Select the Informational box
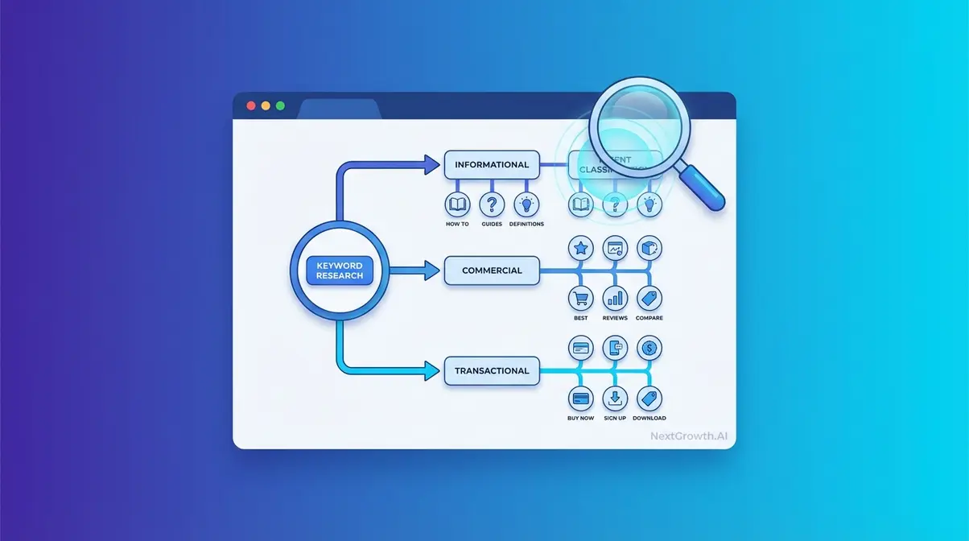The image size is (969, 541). [492, 165]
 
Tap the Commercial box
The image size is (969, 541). [492, 271]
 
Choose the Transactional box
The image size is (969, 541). [492, 371]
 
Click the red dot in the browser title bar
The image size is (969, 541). [251, 105]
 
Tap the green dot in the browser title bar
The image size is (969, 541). [280, 105]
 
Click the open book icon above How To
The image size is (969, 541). [457, 204]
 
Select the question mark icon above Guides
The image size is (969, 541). [492, 204]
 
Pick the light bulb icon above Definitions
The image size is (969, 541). [526, 204]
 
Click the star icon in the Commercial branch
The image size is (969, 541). [580, 248]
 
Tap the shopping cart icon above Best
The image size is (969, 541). [580, 299]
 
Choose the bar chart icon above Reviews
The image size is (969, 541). [615, 299]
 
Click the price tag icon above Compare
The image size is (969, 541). [649, 299]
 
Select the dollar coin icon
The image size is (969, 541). [649, 349]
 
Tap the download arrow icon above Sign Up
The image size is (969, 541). [615, 398]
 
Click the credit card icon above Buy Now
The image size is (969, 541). [580, 398]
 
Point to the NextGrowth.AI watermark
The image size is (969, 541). [690, 437]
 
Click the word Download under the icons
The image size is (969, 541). [649, 419]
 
